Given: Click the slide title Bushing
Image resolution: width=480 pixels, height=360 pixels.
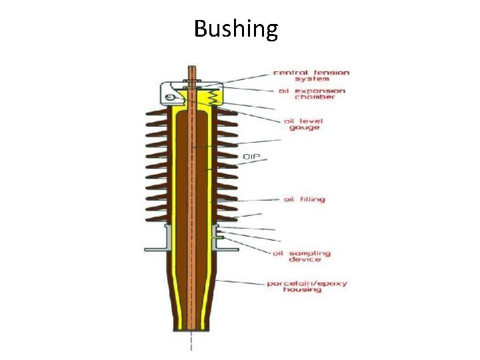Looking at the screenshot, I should (x=236, y=29).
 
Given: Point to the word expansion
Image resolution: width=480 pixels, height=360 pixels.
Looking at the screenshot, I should (x=321, y=91).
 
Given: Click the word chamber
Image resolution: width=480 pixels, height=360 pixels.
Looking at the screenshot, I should (x=313, y=97).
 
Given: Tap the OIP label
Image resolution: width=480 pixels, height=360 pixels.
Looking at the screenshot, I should (x=251, y=157).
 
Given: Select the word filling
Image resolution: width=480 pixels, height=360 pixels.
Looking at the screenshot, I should (x=310, y=199).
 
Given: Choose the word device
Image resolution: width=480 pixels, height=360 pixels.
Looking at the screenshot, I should (x=304, y=260).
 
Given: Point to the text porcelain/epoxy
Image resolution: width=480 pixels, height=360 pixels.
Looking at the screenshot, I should (x=307, y=283).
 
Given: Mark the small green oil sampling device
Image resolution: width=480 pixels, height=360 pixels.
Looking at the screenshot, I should (x=215, y=233).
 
